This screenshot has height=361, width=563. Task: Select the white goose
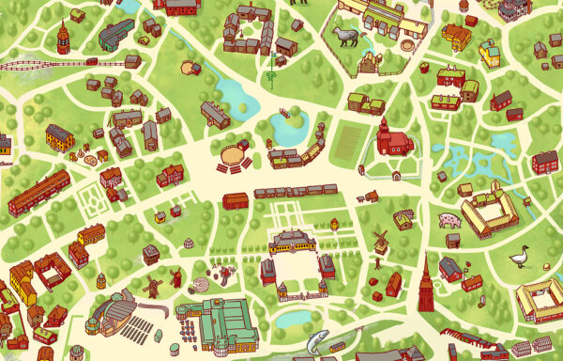click(518, 256)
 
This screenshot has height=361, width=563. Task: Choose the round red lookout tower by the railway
click(63, 39)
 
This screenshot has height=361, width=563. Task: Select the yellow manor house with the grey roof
click(59, 138)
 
